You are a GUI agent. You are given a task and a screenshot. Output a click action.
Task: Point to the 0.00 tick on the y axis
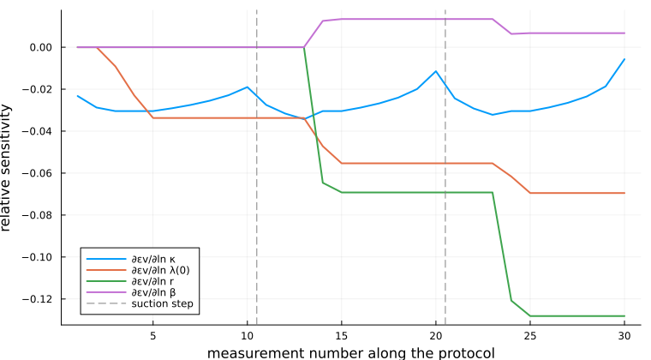(41, 47)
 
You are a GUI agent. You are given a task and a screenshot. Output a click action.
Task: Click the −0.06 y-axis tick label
(38, 173)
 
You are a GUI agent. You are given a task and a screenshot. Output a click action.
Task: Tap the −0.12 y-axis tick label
(38, 299)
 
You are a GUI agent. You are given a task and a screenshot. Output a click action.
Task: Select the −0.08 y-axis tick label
(38, 215)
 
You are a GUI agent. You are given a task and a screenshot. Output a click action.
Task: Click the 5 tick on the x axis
(152, 335)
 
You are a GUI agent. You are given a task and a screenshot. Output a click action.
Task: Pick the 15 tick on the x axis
(341, 335)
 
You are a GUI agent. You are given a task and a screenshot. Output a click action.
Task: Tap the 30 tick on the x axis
(624, 335)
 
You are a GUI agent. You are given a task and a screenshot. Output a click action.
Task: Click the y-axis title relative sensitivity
(6, 168)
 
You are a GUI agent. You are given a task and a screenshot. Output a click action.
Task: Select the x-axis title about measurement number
(351, 353)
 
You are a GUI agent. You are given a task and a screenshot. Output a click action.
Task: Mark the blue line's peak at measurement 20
(436, 71)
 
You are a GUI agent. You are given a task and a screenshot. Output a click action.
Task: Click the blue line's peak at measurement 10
(247, 87)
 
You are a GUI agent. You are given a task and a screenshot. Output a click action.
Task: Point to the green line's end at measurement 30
(624, 316)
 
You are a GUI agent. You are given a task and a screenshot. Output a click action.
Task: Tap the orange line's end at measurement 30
(624, 193)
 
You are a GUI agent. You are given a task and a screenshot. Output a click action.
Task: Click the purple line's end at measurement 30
(624, 33)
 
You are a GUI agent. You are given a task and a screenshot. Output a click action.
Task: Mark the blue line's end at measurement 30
(624, 59)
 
